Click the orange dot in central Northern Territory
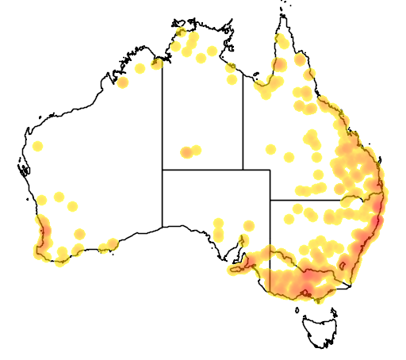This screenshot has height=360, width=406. point(186,152)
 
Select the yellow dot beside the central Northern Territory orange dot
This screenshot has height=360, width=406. point(196,150)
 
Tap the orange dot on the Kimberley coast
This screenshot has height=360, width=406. point(122,82)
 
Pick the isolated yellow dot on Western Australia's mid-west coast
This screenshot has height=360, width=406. point(37,146)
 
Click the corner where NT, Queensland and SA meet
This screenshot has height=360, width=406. point(243,170)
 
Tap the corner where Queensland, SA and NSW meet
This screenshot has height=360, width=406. point(270,200)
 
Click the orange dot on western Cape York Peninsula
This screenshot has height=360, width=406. point(278,64)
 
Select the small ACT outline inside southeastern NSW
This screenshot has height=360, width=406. point(344,264)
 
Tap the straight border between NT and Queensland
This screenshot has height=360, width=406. point(243,119)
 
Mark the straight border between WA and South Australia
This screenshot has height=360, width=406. point(163,198)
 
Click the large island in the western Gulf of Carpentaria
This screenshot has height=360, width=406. point(230,67)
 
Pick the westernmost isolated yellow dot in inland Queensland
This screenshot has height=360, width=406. point(270,149)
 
